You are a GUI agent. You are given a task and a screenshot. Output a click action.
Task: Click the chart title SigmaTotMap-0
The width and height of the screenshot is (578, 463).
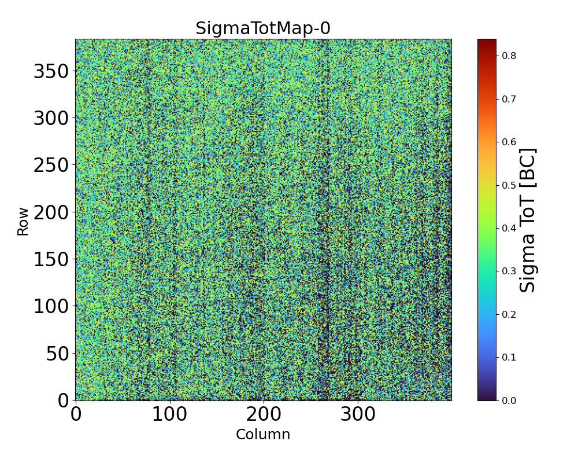pos(263,28)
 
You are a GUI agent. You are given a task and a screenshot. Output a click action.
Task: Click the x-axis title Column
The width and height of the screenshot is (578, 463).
pos(263,435)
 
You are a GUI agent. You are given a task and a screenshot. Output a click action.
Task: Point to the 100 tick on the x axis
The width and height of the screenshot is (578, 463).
pos(170,414)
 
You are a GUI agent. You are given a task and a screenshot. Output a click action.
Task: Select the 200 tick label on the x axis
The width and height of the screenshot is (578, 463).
pos(264,414)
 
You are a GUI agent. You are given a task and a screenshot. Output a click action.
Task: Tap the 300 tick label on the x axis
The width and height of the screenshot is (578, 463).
pos(358,414)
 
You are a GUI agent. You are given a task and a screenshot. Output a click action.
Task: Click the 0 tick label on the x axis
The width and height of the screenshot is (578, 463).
pos(76,414)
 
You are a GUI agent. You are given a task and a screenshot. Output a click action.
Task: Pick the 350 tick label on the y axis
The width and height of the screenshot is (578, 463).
pos(51,72)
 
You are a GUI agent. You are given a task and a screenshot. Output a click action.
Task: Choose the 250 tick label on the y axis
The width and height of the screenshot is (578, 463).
pos(51,166)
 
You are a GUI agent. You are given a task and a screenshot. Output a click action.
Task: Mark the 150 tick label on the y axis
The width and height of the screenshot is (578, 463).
pos(51,260)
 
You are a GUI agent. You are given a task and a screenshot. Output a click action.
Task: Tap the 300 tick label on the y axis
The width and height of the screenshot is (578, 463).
pos(51,119)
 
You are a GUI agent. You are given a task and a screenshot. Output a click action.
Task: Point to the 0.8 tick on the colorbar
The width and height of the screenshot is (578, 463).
pos(509,56)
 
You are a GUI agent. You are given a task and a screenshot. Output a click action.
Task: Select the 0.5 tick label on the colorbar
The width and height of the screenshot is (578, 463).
pos(509,185)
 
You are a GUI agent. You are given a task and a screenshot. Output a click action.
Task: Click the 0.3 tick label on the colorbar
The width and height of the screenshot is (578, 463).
pos(509,271)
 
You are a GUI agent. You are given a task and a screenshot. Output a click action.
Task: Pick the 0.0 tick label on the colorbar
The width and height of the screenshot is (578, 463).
pos(509,400)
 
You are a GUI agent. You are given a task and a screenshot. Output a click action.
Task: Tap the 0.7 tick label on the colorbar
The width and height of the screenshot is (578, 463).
pos(509,99)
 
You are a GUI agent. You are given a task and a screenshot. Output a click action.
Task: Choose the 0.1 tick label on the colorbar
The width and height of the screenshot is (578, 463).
pos(509,357)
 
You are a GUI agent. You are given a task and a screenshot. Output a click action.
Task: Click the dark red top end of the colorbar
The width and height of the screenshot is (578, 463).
pos(487,42)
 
